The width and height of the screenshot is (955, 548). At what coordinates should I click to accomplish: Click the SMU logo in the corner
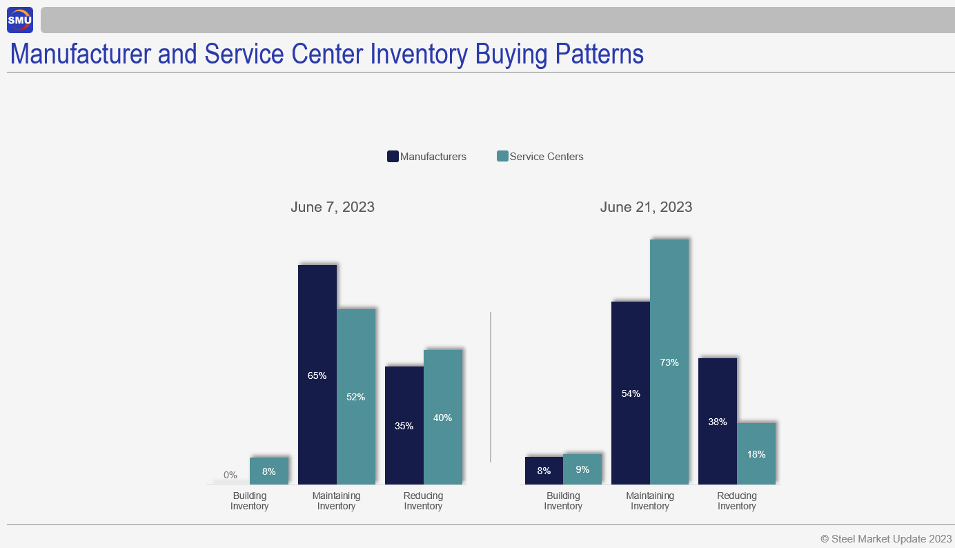[20, 20]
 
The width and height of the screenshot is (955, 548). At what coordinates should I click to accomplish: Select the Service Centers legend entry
[540, 157]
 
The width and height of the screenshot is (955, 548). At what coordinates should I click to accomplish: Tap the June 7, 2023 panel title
[333, 207]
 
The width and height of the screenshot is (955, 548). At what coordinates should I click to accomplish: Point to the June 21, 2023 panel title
[646, 207]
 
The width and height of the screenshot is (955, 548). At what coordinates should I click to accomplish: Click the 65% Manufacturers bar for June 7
[317, 375]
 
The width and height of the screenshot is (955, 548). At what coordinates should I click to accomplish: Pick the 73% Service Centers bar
[669, 362]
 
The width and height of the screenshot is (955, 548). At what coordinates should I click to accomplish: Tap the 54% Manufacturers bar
[631, 393]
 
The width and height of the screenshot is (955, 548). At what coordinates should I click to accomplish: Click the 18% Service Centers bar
[756, 453]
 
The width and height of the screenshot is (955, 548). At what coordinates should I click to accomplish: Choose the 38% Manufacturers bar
[718, 421]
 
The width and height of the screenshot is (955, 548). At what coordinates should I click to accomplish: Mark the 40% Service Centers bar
[443, 417]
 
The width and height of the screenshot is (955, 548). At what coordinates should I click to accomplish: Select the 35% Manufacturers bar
[404, 425]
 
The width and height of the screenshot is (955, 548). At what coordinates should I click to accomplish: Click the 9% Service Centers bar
[582, 469]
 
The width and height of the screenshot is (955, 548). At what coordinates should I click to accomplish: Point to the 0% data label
[230, 475]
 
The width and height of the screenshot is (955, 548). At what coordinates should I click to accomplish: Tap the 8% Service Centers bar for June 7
[269, 471]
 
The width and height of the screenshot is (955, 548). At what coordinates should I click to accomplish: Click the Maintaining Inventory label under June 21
[650, 501]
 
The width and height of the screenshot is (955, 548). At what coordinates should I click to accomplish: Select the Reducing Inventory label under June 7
[423, 501]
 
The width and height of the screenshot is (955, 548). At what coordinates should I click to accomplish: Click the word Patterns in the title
[594, 55]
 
